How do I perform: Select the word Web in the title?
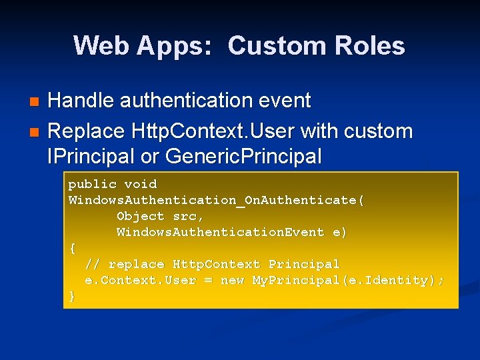pos(97,46)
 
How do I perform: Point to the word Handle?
pos(81,101)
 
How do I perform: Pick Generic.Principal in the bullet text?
pos(243,157)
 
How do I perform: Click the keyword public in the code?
pos(93,184)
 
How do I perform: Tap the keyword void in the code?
pos(141,184)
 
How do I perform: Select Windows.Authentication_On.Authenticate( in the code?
pos(217,200)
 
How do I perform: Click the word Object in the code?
pos(140,216)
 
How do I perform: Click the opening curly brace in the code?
pos(73,248)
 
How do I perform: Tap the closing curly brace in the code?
pos(73,296)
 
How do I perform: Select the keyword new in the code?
pos(232,280)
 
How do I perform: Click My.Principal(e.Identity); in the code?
pos(348,280)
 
